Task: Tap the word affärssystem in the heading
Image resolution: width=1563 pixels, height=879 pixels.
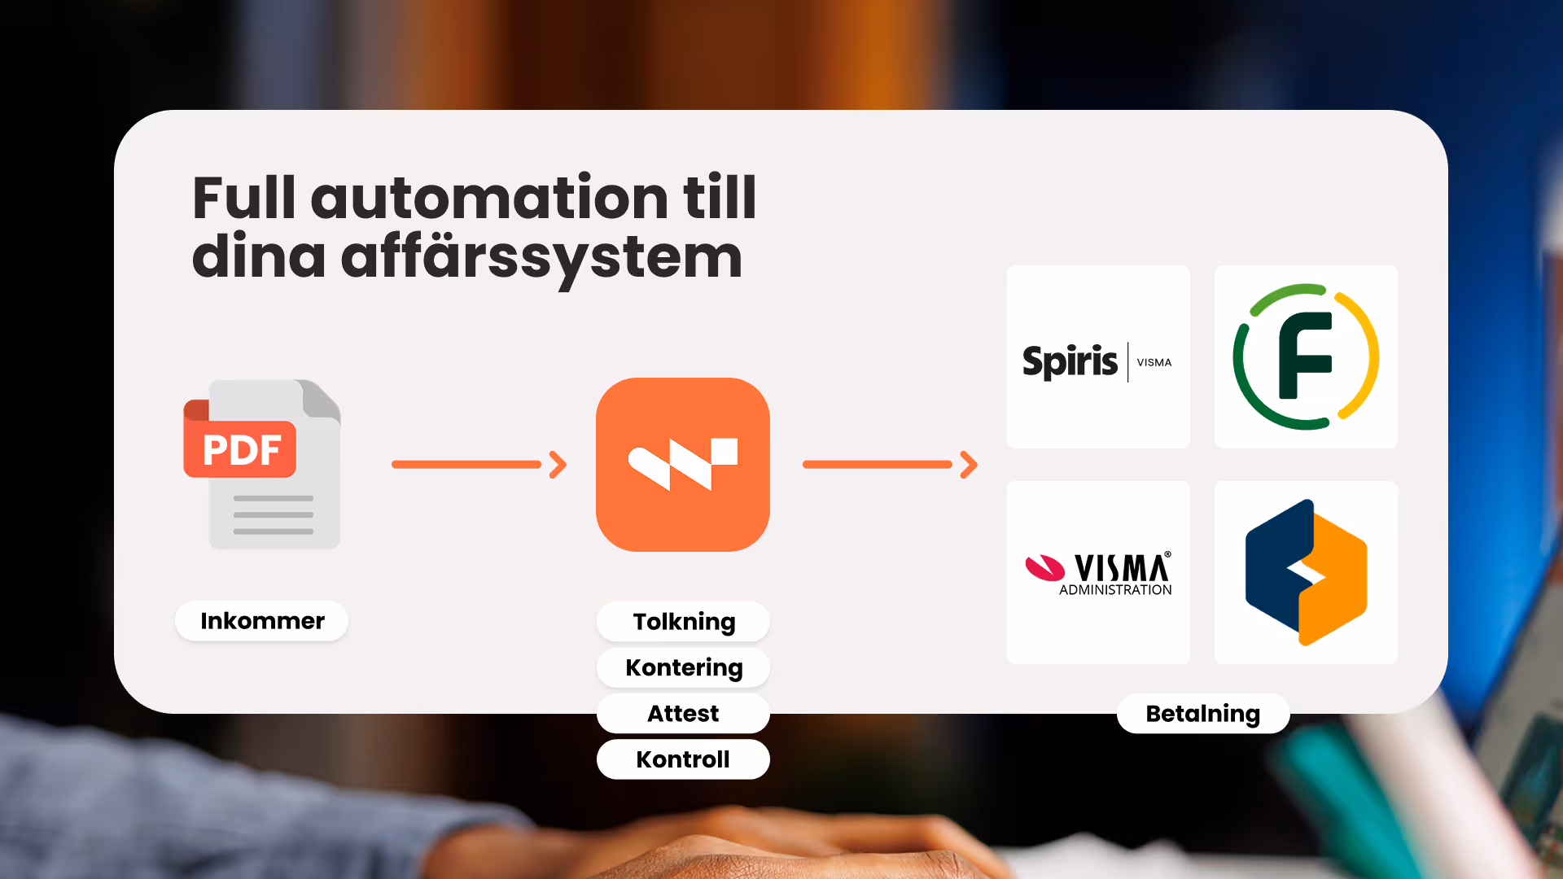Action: (541, 258)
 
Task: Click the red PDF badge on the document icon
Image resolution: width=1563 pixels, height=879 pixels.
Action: (240, 449)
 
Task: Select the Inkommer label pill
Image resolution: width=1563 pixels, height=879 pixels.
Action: (262, 621)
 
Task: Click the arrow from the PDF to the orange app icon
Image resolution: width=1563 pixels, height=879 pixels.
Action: (479, 465)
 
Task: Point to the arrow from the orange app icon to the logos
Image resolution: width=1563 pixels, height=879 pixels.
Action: (890, 465)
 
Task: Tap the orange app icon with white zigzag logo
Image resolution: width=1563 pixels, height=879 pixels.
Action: (683, 465)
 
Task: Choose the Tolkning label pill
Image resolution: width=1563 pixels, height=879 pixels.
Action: (684, 622)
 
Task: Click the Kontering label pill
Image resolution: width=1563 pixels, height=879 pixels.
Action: (684, 667)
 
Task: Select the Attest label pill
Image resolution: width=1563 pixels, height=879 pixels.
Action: (683, 714)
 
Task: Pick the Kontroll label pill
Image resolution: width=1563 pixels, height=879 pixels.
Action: (683, 759)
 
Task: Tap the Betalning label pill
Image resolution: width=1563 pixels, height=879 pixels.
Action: (1202, 714)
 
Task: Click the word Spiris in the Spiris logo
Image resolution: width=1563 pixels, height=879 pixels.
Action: (1070, 361)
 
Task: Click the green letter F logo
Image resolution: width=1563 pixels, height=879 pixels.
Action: (1306, 356)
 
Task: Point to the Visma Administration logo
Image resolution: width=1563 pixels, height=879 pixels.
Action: (1098, 573)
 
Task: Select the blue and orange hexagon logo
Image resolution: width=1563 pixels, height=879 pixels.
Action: (1306, 572)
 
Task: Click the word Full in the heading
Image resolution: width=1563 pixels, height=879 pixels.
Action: (243, 199)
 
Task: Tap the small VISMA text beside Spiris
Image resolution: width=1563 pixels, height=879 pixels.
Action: (1154, 362)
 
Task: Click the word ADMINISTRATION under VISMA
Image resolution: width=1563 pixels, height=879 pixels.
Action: (1115, 590)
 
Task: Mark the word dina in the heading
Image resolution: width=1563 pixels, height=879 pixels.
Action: (258, 258)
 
